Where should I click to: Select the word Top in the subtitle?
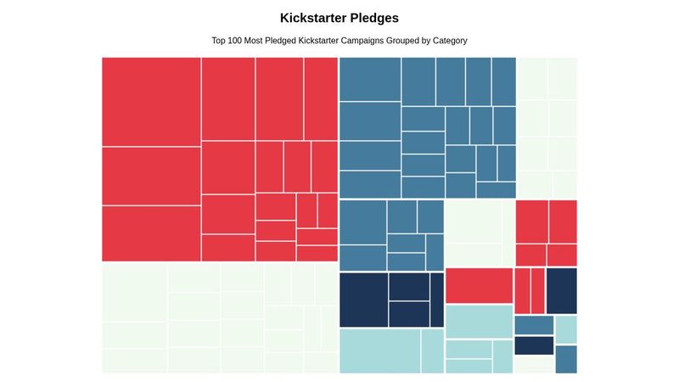(x=220, y=41)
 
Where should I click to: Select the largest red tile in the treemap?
(x=151, y=101)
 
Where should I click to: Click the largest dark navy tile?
(x=363, y=299)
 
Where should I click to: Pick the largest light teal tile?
(x=379, y=351)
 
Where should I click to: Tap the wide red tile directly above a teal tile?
(x=479, y=285)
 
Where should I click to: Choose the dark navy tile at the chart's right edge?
(x=561, y=290)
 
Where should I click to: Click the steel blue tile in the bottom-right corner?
(x=566, y=359)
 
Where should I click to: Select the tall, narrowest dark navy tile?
(x=436, y=299)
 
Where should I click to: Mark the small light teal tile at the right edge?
(x=566, y=329)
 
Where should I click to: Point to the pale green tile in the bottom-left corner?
(x=134, y=361)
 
